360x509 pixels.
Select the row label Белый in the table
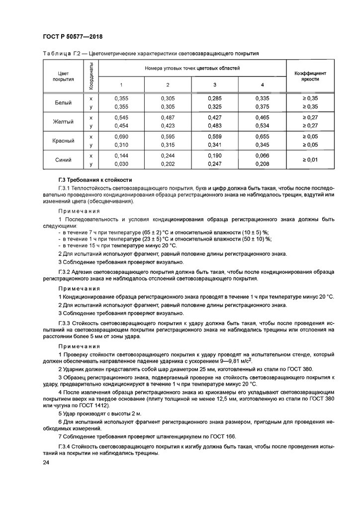(x=63, y=103)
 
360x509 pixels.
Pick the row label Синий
(x=63, y=160)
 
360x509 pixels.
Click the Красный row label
(x=63, y=141)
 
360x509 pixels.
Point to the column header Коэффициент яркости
(x=310, y=75)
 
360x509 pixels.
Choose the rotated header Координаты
(x=91, y=76)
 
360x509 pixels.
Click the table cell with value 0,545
(x=121, y=118)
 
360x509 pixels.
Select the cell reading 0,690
(x=121, y=136)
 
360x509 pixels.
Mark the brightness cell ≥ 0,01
(x=310, y=160)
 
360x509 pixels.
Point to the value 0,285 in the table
(x=215, y=98)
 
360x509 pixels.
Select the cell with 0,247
(x=215, y=164)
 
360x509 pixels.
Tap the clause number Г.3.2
(x=66, y=272)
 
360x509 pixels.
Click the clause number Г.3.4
(x=66, y=446)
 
